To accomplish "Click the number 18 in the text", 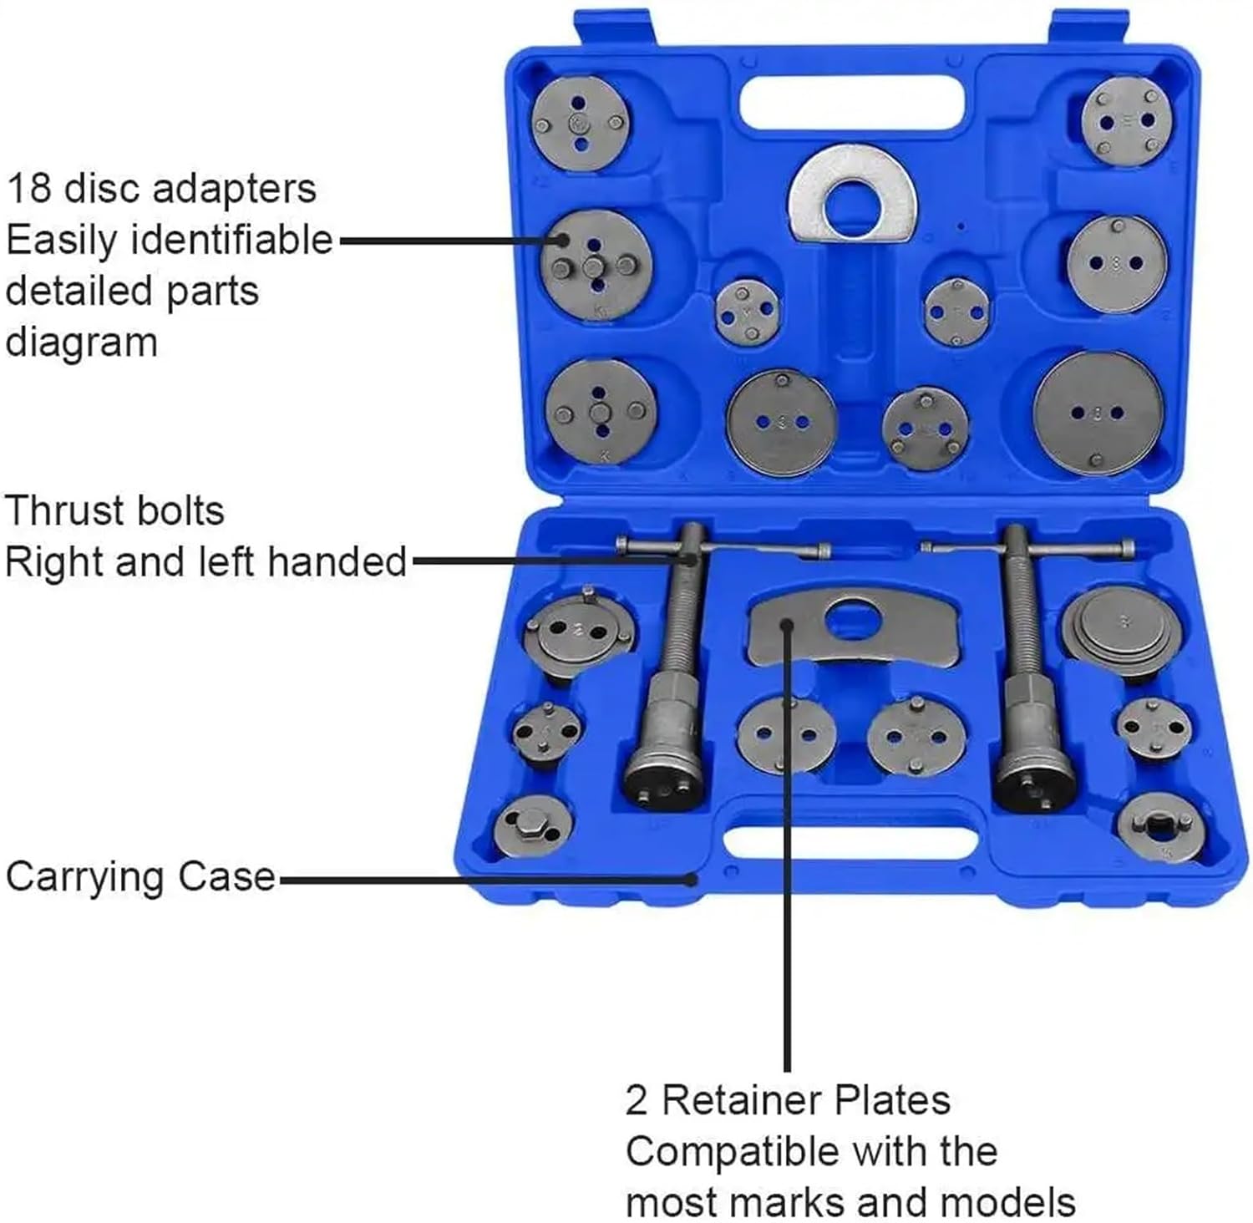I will tap(28, 188).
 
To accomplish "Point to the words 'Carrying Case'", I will tap(140, 877).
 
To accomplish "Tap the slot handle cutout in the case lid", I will tap(852, 102).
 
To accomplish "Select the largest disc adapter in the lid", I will tap(1097, 413).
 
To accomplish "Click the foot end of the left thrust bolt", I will tap(666, 781).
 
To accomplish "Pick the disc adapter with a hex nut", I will tap(532, 826).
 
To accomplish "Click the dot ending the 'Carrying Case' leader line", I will tap(691, 879).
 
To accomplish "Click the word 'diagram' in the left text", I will tap(82, 343).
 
